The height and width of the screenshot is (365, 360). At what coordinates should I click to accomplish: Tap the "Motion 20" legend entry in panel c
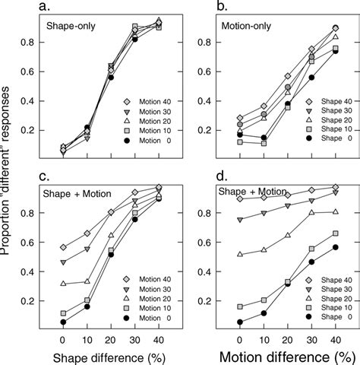151,290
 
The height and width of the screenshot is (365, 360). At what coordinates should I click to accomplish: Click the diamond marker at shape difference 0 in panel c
62,247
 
